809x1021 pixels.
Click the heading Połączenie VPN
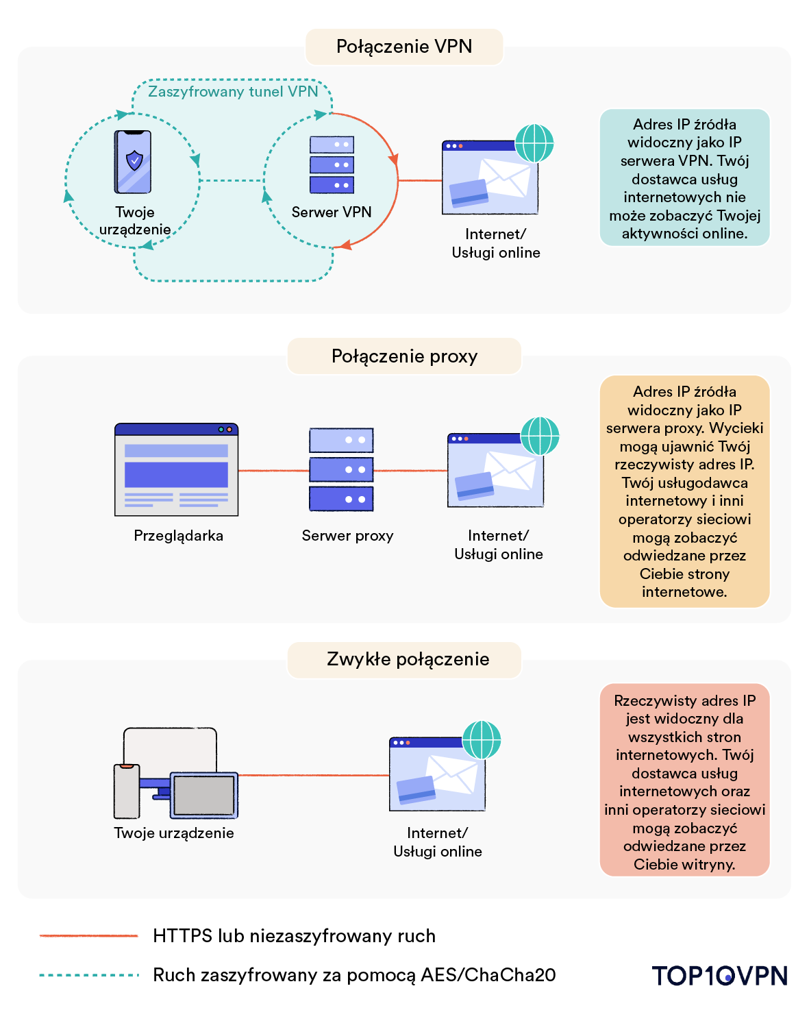point(404,47)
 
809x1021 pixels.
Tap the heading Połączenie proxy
point(404,356)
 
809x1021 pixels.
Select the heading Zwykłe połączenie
point(408,659)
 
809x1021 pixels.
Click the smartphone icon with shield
point(133,162)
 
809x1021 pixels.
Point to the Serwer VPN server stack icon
point(332,164)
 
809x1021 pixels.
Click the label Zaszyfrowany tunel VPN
point(233,92)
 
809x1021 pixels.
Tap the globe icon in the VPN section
point(534,143)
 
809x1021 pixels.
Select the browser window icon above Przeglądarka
point(176,469)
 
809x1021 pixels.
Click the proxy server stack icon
point(341,469)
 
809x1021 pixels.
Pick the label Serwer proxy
point(347,536)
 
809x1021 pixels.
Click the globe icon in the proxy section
point(540,436)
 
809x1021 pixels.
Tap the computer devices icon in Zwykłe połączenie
point(175,774)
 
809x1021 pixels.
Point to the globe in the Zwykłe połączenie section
point(482,740)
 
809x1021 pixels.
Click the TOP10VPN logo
point(719,975)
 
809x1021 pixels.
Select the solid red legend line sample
point(89,936)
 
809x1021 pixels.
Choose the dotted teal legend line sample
point(89,975)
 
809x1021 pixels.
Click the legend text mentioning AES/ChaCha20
point(354,975)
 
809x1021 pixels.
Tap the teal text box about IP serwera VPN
point(684,178)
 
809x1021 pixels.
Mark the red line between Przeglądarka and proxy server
point(273,471)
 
